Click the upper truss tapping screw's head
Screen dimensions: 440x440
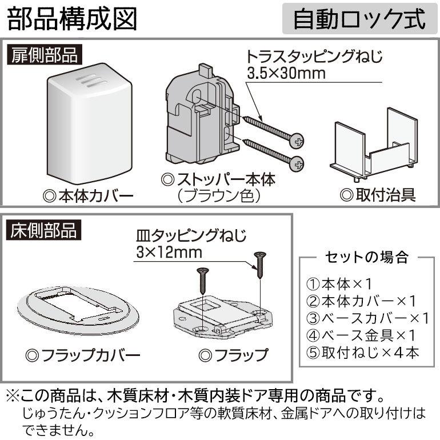pos(298,139)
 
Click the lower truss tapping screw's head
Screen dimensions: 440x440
pos(297,164)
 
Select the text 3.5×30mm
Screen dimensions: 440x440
pos(286,74)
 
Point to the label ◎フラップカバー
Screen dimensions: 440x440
pos(83,355)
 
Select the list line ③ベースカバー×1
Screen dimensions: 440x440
pos(367,318)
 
